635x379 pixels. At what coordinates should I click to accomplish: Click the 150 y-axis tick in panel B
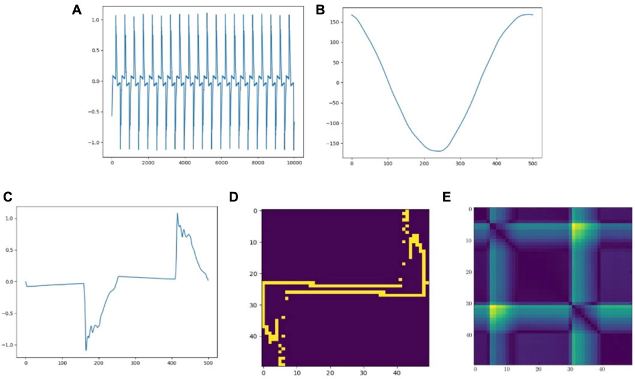(x=336, y=22)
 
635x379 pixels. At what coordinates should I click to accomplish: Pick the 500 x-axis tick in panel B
(x=532, y=163)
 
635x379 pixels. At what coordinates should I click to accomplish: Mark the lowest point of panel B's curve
(x=438, y=151)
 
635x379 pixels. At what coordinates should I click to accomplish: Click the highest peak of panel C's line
(x=177, y=213)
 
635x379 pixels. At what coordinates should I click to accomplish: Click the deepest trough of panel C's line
(x=86, y=350)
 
